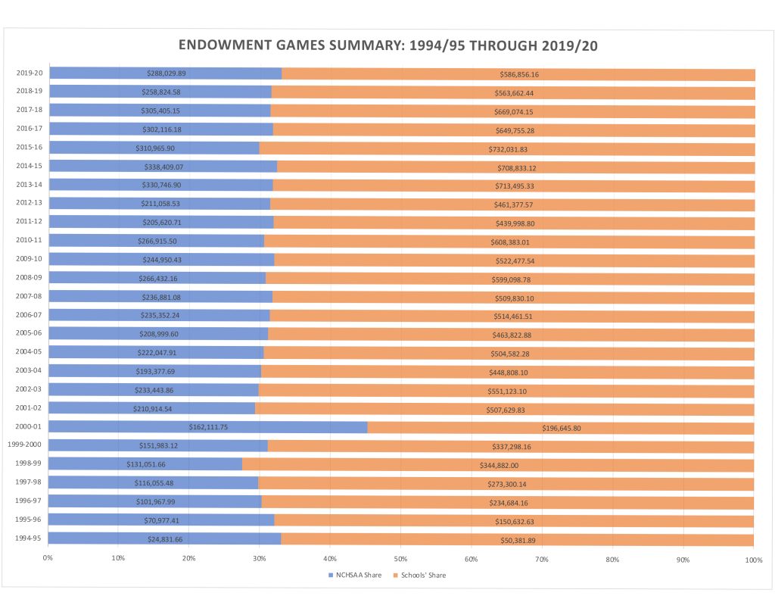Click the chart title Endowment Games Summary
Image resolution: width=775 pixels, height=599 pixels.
click(387, 45)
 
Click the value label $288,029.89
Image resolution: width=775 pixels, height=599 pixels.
click(167, 73)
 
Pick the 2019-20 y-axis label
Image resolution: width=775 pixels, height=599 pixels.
click(29, 73)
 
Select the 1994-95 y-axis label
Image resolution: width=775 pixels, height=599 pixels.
click(29, 539)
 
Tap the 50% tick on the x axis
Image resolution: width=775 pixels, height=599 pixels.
click(400, 559)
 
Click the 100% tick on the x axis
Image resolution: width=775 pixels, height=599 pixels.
click(753, 559)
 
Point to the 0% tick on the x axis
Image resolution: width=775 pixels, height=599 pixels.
click(48, 559)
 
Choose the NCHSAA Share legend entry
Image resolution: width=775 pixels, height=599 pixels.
click(355, 576)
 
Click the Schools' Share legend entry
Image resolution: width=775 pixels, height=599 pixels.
click(420, 576)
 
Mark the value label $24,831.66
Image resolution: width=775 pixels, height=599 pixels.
click(165, 539)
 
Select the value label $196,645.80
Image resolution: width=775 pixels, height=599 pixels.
click(561, 428)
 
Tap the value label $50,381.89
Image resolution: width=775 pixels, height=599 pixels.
click(518, 539)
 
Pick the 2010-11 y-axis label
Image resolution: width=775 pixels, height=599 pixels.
click(29, 241)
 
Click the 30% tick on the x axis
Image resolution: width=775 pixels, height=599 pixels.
click(260, 559)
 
